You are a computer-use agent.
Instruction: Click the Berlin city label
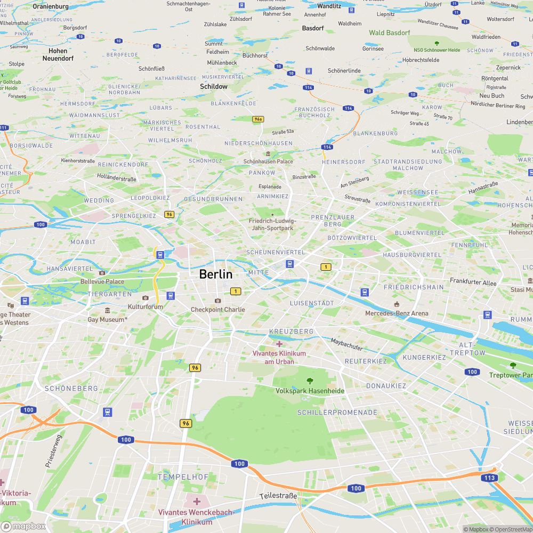pyautogui.click(x=216, y=274)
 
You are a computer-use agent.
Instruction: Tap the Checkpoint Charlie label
pyautogui.click(x=218, y=310)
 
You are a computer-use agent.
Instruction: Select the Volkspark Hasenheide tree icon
pyautogui.click(x=310, y=381)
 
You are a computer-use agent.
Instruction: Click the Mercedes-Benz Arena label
pyautogui.click(x=397, y=313)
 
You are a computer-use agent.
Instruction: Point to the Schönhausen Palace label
pyautogui.click(x=268, y=161)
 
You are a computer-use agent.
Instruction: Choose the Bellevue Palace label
pyautogui.click(x=102, y=281)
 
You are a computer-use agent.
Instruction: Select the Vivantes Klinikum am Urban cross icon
pyautogui.click(x=279, y=344)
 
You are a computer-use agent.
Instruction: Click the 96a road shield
pyautogui.click(x=258, y=119)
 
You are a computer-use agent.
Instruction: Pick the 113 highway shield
pyautogui.click(x=490, y=478)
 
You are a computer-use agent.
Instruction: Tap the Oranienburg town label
pyautogui.click(x=51, y=6)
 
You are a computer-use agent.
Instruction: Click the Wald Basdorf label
pyautogui.click(x=390, y=33)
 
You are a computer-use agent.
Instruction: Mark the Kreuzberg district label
pyautogui.click(x=292, y=332)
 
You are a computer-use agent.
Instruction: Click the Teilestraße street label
pyautogui.click(x=278, y=496)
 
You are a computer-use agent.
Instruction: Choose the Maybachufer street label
pyautogui.click(x=346, y=344)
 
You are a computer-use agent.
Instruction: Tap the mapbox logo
pyautogui.click(x=24, y=526)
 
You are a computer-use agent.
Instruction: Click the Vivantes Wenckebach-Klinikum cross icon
pyautogui.click(x=197, y=502)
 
